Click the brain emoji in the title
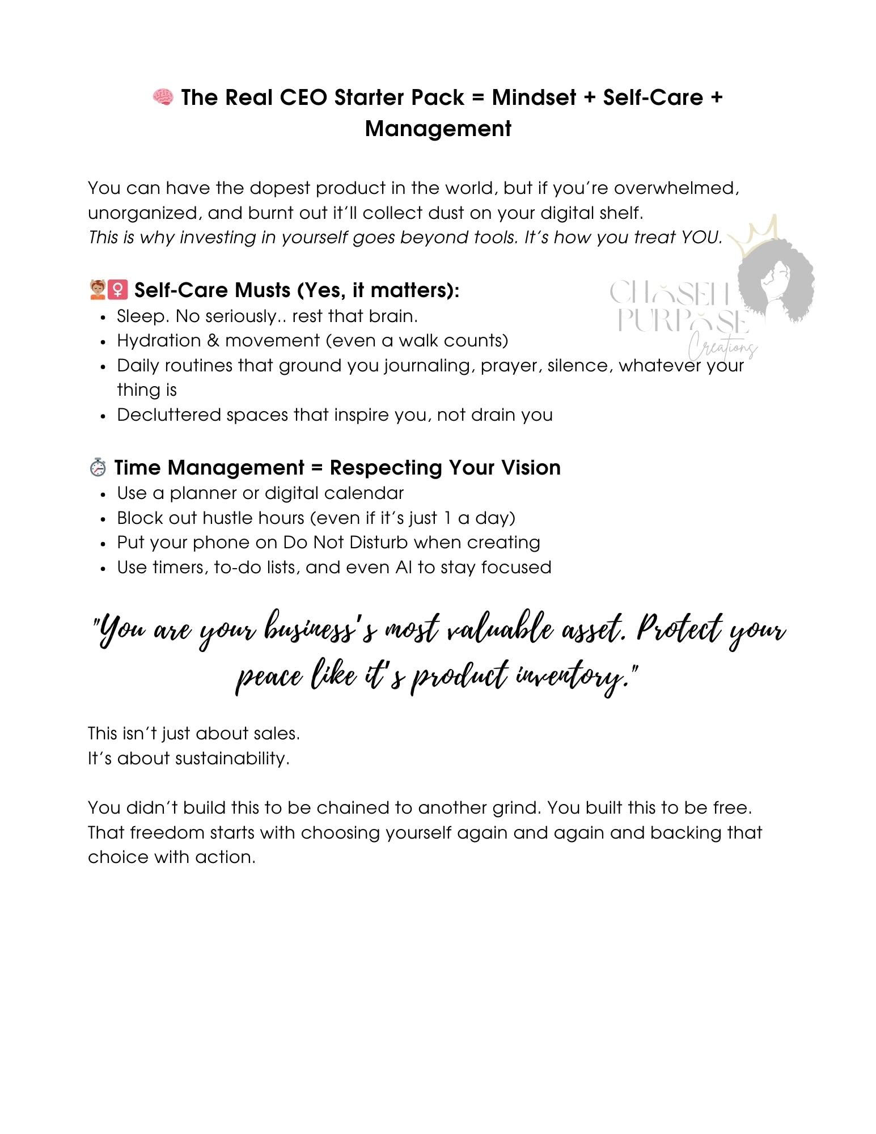click(x=163, y=98)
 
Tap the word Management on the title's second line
click(x=438, y=129)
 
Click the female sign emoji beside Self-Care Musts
click(x=117, y=290)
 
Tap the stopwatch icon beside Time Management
click(x=98, y=467)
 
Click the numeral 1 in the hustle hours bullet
click(x=447, y=518)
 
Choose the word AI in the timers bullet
click(x=404, y=567)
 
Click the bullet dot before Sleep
click(x=103, y=318)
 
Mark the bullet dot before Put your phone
click(x=103, y=544)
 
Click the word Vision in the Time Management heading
click(x=531, y=467)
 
